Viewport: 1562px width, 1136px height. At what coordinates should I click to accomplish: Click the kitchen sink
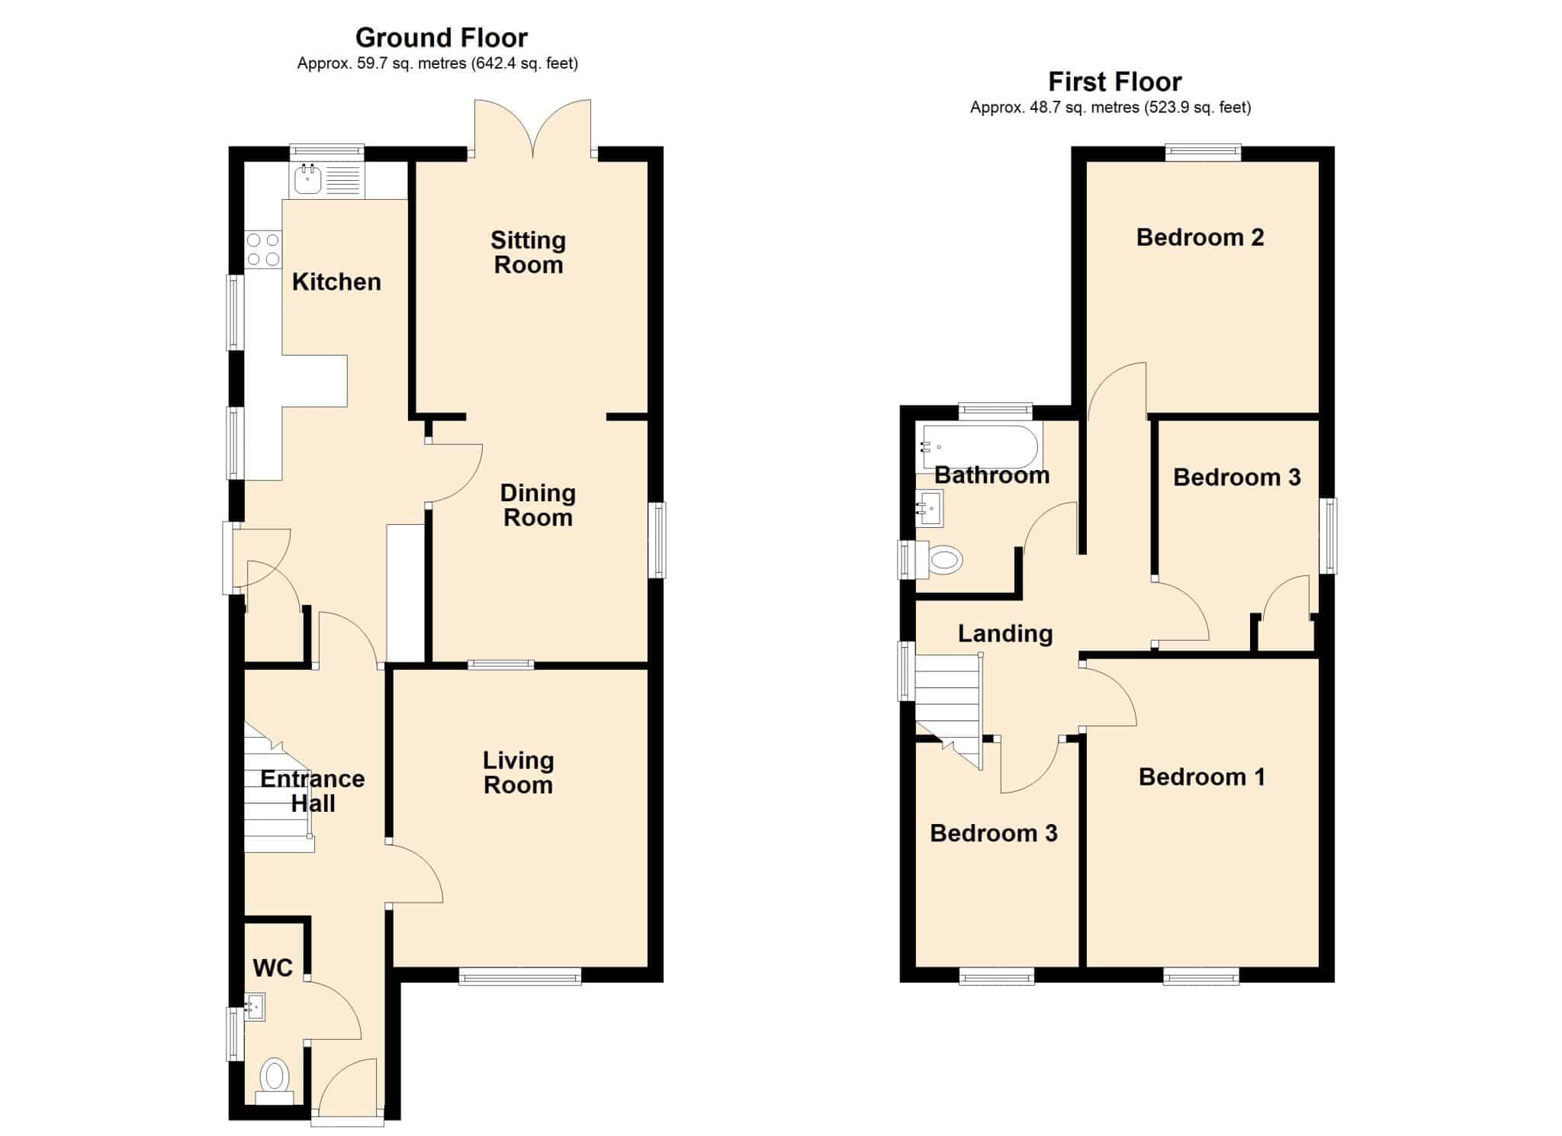click(x=327, y=180)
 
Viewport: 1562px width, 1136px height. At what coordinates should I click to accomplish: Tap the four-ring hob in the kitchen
click(x=263, y=249)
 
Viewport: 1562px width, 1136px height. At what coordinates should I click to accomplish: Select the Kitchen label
click(x=336, y=282)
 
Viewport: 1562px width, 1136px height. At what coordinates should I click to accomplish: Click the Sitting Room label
click(x=528, y=253)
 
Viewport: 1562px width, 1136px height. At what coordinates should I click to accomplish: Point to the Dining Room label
click(x=538, y=505)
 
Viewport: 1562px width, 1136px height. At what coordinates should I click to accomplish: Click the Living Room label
click(x=519, y=772)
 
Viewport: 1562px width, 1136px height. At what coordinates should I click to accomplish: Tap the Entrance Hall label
click(x=313, y=791)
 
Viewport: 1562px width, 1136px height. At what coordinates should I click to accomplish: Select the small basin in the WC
click(x=255, y=1007)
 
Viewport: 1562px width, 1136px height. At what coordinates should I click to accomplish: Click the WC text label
click(x=272, y=968)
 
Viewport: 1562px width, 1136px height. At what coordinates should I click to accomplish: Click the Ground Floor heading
click(x=442, y=37)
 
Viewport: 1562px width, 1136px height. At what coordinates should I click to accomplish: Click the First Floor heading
click(x=1115, y=81)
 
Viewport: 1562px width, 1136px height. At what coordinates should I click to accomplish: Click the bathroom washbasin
click(x=930, y=508)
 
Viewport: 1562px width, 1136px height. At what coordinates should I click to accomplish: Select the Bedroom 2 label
click(x=1200, y=238)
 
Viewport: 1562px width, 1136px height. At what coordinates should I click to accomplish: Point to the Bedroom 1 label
click(x=1201, y=777)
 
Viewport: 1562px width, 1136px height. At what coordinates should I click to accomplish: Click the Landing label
click(x=1005, y=634)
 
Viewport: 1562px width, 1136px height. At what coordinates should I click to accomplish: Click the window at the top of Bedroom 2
click(x=1203, y=153)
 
